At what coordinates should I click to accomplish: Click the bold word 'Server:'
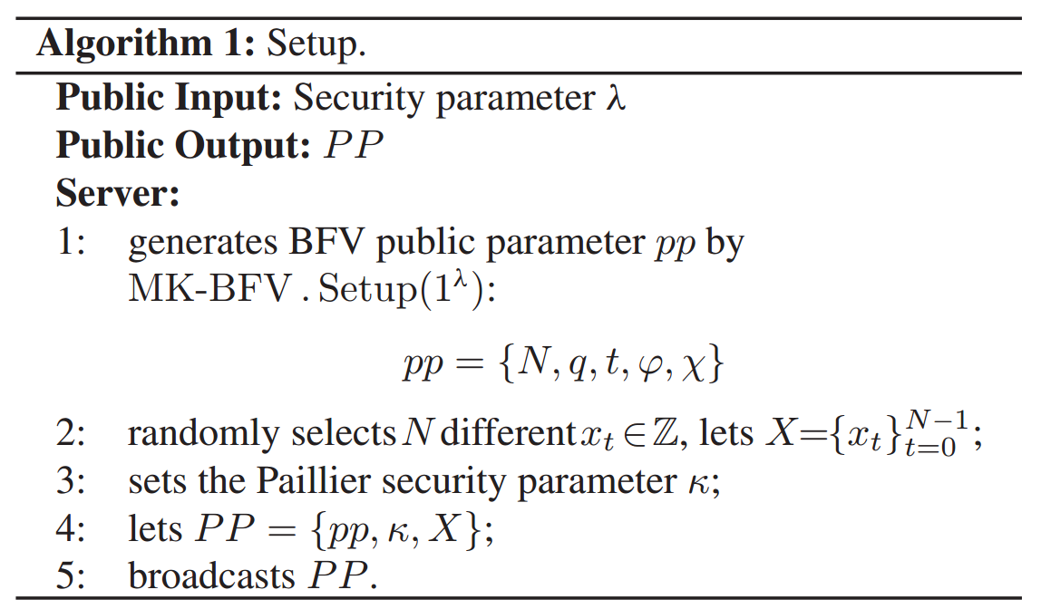[x=118, y=194]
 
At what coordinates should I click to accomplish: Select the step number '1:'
[x=72, y=244]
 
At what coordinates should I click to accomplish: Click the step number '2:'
[x=72, y=434]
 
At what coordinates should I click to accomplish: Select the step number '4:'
[x=72, y=529]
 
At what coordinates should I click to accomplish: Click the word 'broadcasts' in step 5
[x=212, y=576]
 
